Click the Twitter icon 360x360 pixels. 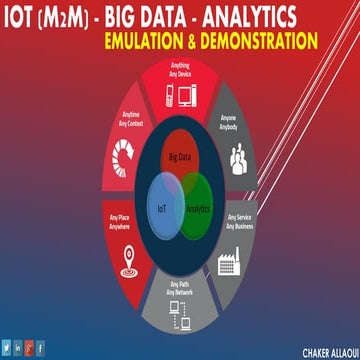click(x=10, y=348)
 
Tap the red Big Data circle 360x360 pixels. click(x=179, y=158)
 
